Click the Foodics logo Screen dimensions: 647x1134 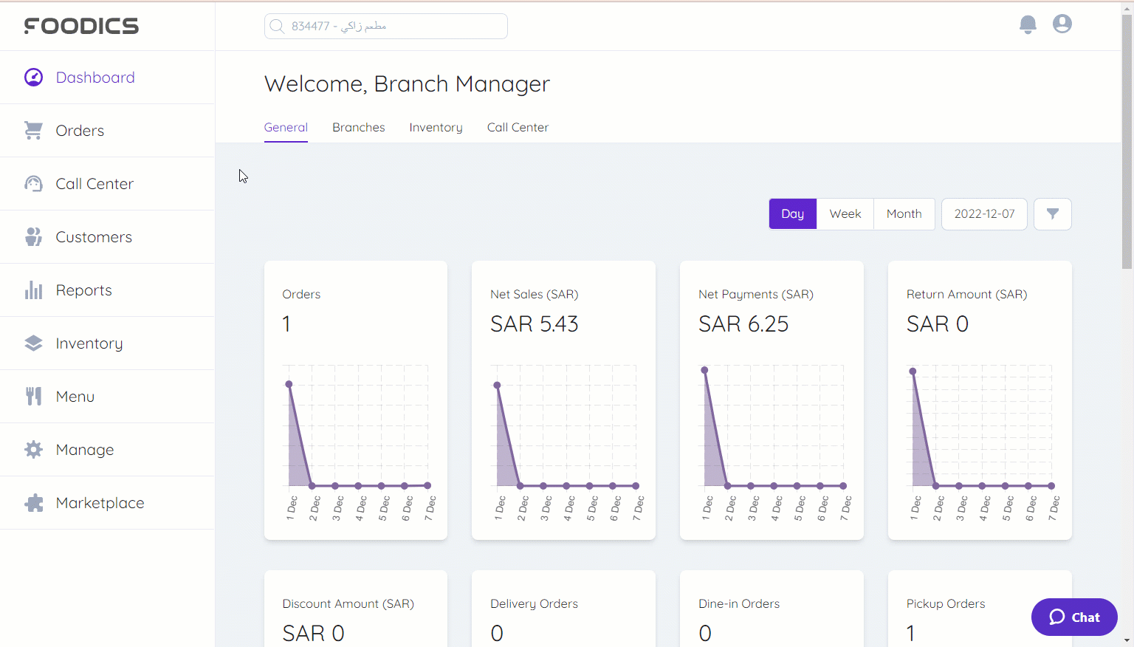[81, 26]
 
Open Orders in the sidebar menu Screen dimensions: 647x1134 [80, 131]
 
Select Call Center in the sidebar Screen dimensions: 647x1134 [94, 184]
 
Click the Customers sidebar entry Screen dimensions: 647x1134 [94, 237]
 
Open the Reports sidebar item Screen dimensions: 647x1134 [83, 290]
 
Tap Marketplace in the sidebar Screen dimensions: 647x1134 [100, 503]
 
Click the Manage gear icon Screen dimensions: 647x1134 [33, 450]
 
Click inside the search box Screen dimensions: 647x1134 [385, 27]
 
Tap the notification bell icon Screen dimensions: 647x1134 [1028, 24]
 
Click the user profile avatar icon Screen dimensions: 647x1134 [1062, 24]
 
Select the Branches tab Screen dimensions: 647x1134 [358, 128]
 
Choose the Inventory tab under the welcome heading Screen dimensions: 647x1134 [436, 128]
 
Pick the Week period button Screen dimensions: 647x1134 [845, 214]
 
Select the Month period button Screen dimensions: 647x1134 [904, 214]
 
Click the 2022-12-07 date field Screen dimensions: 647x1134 [984, 214]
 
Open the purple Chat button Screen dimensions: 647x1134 [1074, 617]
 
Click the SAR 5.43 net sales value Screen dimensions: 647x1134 [535, 324]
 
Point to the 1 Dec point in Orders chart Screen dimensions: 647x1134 [289, 384]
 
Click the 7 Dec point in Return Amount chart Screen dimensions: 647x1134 [1051, 486]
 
